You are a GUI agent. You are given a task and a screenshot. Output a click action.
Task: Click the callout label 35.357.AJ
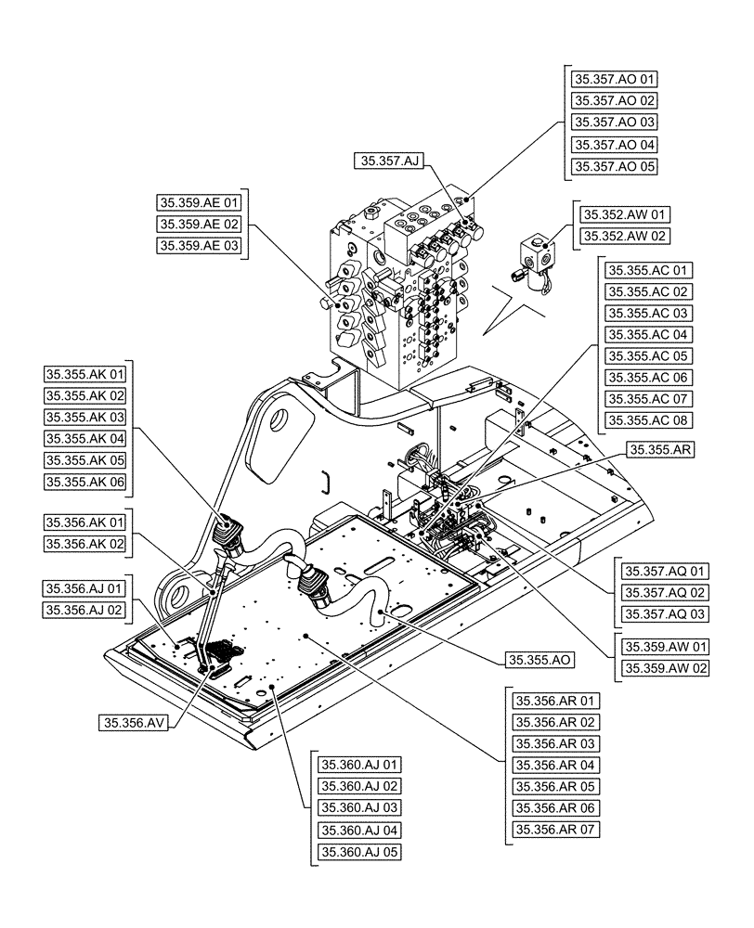point(388,161)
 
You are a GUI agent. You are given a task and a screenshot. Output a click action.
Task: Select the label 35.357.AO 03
point(614,122)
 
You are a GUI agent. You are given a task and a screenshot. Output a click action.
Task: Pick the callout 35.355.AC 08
point(648,420)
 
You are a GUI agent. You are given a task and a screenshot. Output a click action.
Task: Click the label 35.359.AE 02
point(199,224)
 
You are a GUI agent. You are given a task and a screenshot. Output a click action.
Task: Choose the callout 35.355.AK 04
point(84,438)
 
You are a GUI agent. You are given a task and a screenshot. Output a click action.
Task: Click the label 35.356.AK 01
point(84,523)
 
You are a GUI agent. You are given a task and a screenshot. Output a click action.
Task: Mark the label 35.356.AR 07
point(555,830)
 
